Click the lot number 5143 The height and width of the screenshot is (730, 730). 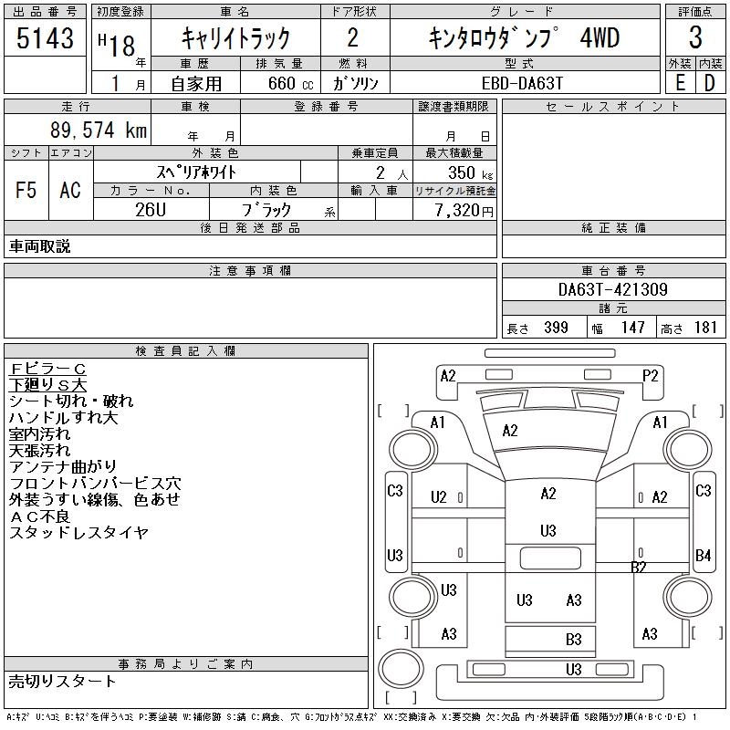click(x=45, y=37)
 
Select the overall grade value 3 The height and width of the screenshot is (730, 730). click(x=695, y=37)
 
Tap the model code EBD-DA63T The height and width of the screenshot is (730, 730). click(x=522, y=83)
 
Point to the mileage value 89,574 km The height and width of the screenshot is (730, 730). click(x=99, y=130)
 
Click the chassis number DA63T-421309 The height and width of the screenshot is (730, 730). click(x=612, y=289)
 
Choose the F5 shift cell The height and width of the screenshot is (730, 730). click(x=26, y=190)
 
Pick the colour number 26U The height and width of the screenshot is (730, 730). click(x=151, y=210)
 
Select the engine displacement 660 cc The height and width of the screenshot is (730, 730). click(x=290, y=83)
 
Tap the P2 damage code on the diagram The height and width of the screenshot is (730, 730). click(x=650, y=376)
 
